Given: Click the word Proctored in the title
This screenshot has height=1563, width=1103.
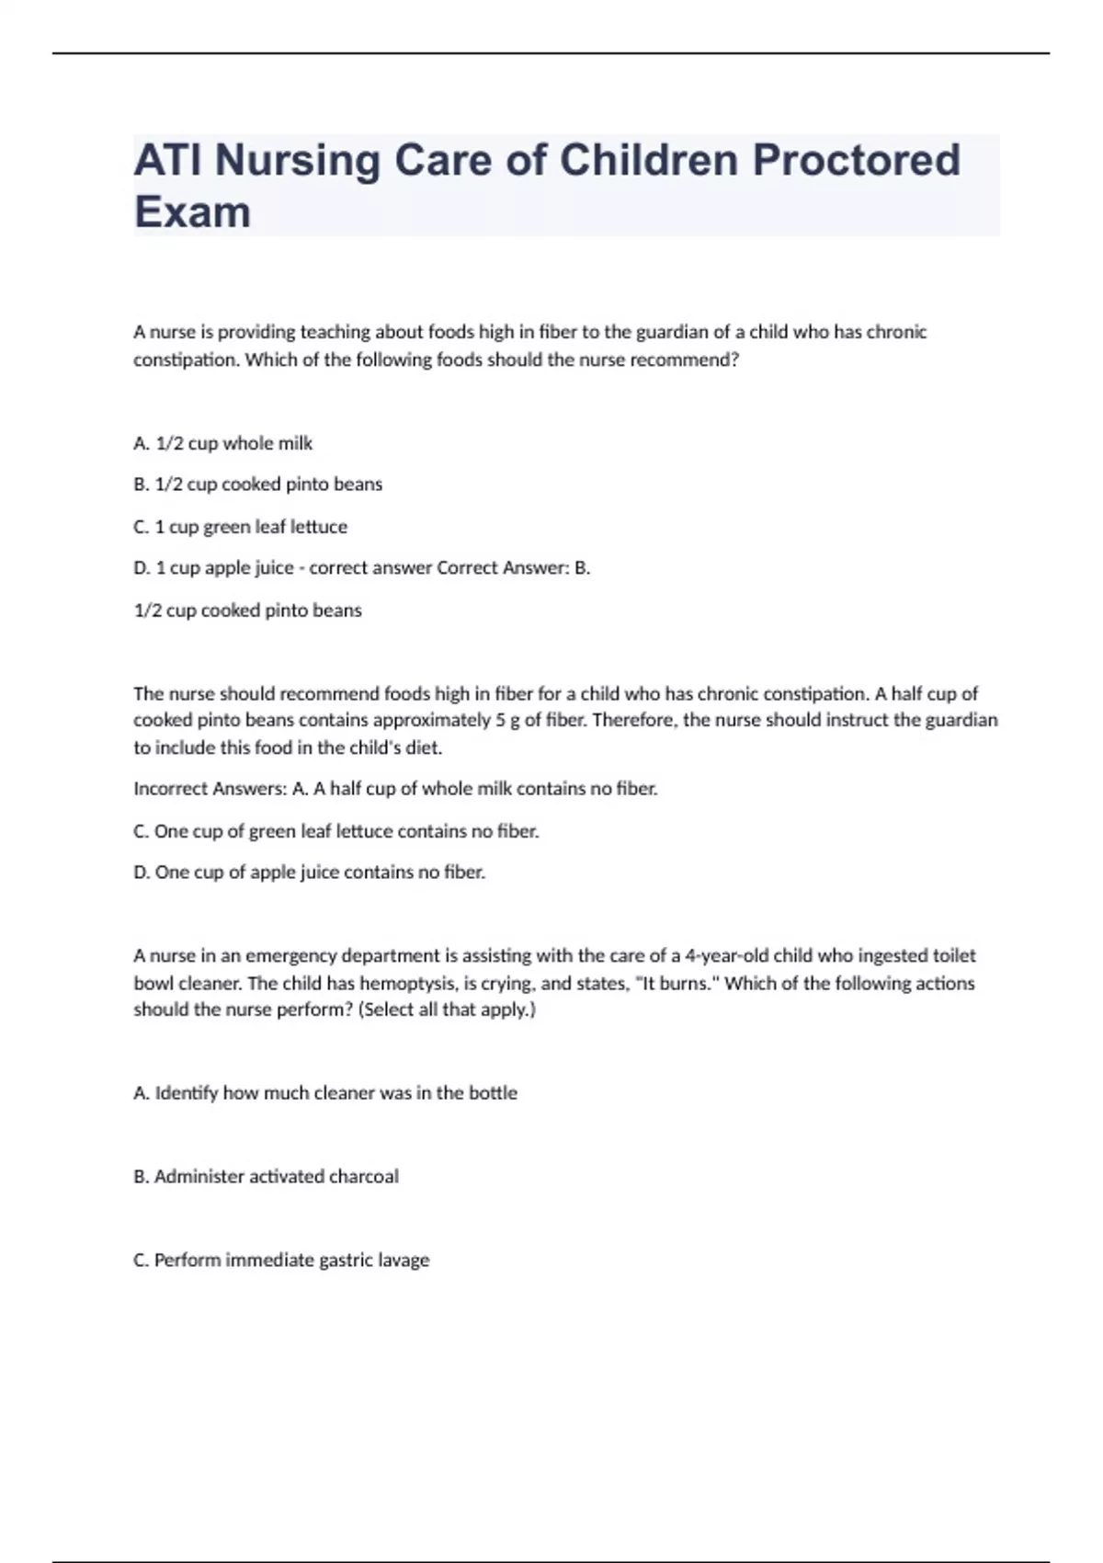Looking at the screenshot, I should (x=857, y=160).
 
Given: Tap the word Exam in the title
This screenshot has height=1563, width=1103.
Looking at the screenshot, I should (x=192, y=212).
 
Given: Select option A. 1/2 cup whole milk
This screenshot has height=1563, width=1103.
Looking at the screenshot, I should (x=222, y=443).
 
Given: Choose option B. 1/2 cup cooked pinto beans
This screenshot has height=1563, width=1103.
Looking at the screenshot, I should (x=257, y=485).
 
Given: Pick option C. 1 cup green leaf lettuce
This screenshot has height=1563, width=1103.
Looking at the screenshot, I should (x=240, y=527).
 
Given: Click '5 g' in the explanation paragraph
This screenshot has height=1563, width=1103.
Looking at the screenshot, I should (x=506, y=720).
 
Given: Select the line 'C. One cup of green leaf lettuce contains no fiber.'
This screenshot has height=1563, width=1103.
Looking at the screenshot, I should (x=335, y=831).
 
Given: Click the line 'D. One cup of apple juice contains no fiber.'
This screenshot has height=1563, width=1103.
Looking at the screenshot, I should (x=309, y=873).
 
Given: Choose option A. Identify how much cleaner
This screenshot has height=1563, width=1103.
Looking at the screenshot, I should (x=325, y=1093).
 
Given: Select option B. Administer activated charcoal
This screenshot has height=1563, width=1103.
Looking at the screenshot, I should (x=266, y=1177).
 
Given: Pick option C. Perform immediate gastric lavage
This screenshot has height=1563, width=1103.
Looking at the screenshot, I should (x=281, y=1261).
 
